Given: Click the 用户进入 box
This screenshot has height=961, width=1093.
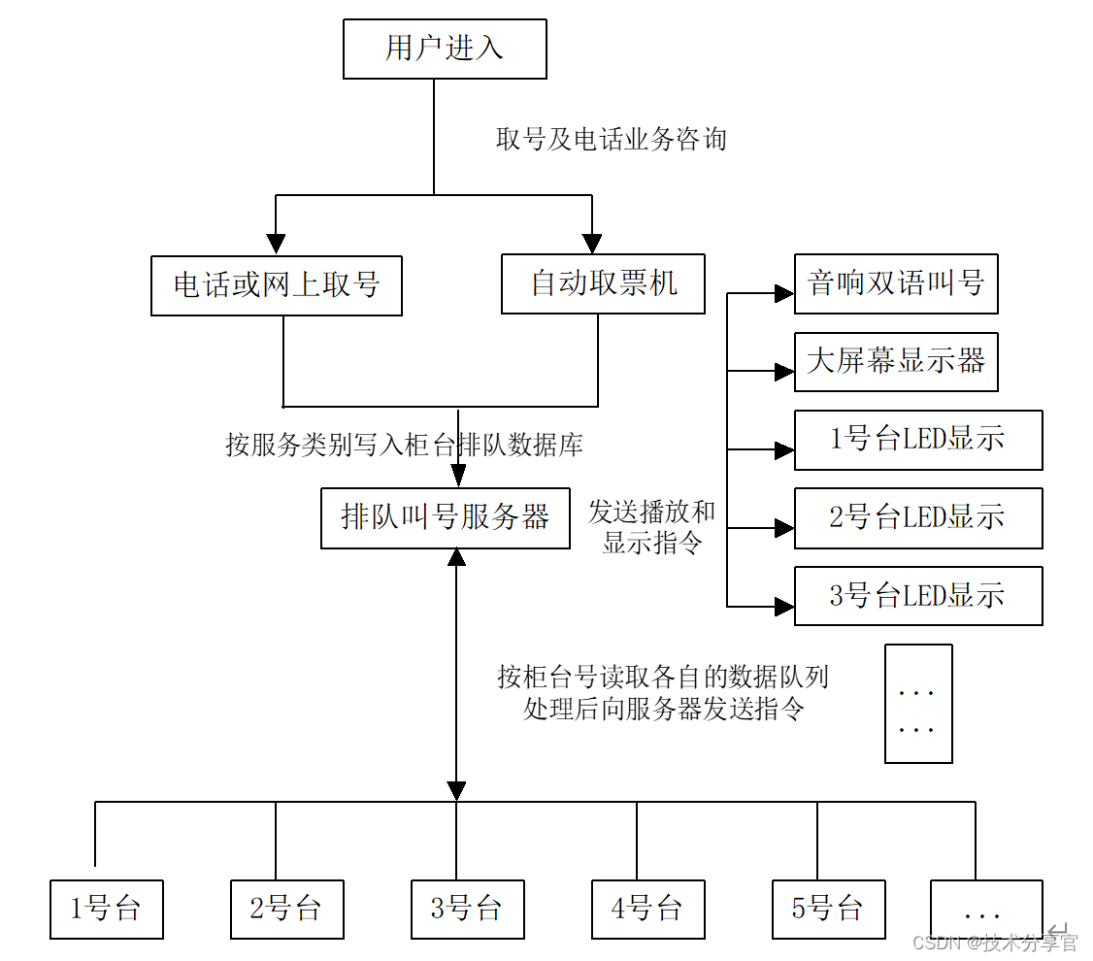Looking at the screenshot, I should tap(445, 49).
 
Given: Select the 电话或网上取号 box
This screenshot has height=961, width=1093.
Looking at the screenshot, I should tap(277, 285).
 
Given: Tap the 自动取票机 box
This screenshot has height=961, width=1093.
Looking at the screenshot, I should tap(603, 283).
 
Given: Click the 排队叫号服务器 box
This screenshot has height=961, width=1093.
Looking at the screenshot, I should tap(446, 517).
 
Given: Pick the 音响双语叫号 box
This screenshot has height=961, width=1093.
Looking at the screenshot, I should tap(896, 283).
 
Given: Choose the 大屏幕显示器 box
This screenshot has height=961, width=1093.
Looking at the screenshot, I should tap(896, 362).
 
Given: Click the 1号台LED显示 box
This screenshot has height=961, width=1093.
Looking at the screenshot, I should tap(918, 440).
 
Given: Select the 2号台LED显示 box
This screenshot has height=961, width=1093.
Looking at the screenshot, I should tap(918, 518).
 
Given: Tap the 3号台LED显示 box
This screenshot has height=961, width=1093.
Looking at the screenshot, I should tap(918, 596).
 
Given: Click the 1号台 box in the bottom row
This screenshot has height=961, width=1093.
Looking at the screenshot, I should tap(106, 910).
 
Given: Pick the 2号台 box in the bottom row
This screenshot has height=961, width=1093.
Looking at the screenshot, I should tap(286, 910).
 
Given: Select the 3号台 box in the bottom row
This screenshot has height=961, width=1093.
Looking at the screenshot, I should tap(467, 910).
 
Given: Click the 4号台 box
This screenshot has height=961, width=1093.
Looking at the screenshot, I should tap(648, 910).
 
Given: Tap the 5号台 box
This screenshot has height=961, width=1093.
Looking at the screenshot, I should tap(828, 910).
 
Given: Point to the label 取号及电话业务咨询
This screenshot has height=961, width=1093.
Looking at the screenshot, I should tap(612, 140).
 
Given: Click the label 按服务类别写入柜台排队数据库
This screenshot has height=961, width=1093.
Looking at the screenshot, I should tap(405, 445).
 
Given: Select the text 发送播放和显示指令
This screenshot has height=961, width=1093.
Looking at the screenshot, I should tap(651, 527).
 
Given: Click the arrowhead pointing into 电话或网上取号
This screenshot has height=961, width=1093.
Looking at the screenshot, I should tap(277, 244).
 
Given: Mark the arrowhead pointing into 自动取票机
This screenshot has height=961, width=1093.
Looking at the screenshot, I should tap(591, 243).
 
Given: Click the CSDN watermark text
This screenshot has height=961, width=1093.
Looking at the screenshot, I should tap(996, 942).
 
